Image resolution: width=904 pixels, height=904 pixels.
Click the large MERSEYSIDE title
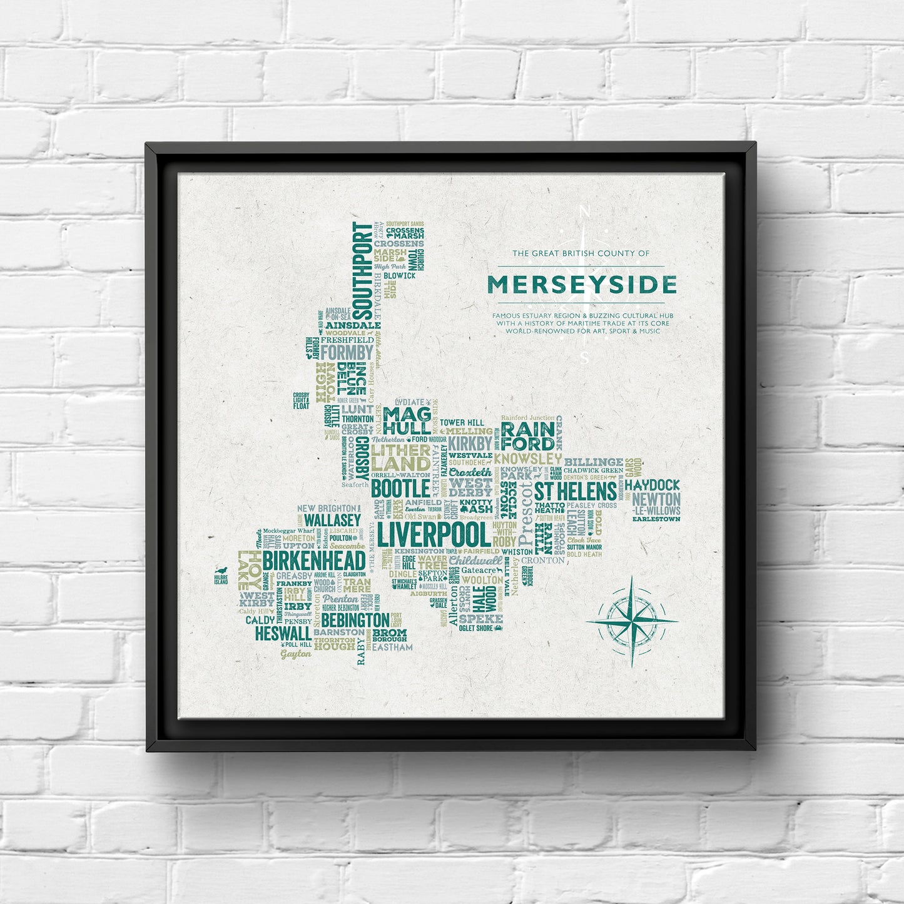[x=582, y=285]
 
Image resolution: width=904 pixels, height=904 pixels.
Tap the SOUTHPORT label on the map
[x=362, y=270]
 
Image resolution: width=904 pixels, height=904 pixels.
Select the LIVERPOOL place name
[x=434, y=535]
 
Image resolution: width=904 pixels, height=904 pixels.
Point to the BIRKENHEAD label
[x=313, y=561]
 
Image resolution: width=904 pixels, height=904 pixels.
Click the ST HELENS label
[x=575, y=491]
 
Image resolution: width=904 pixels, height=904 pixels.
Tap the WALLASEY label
[x=332, y=521]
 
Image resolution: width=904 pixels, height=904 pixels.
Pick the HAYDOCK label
[x=652, y=485]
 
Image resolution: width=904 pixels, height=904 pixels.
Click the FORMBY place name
[x=347, y=352]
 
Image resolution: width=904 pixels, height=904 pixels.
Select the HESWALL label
[x=283, y=633]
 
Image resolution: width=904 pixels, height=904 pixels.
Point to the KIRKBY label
[x=470, y=443]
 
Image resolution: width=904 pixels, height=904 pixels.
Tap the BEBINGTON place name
[x=355, y=620]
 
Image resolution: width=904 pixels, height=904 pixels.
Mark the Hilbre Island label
[x=221, y=579]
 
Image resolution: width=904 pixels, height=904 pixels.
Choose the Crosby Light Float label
[x=301, y=401]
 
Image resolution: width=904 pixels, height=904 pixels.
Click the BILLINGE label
[x=594, y=462]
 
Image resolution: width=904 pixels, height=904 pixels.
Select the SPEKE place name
[x=480, y=619]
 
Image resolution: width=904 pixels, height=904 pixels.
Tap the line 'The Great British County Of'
[x=581, y=253]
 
